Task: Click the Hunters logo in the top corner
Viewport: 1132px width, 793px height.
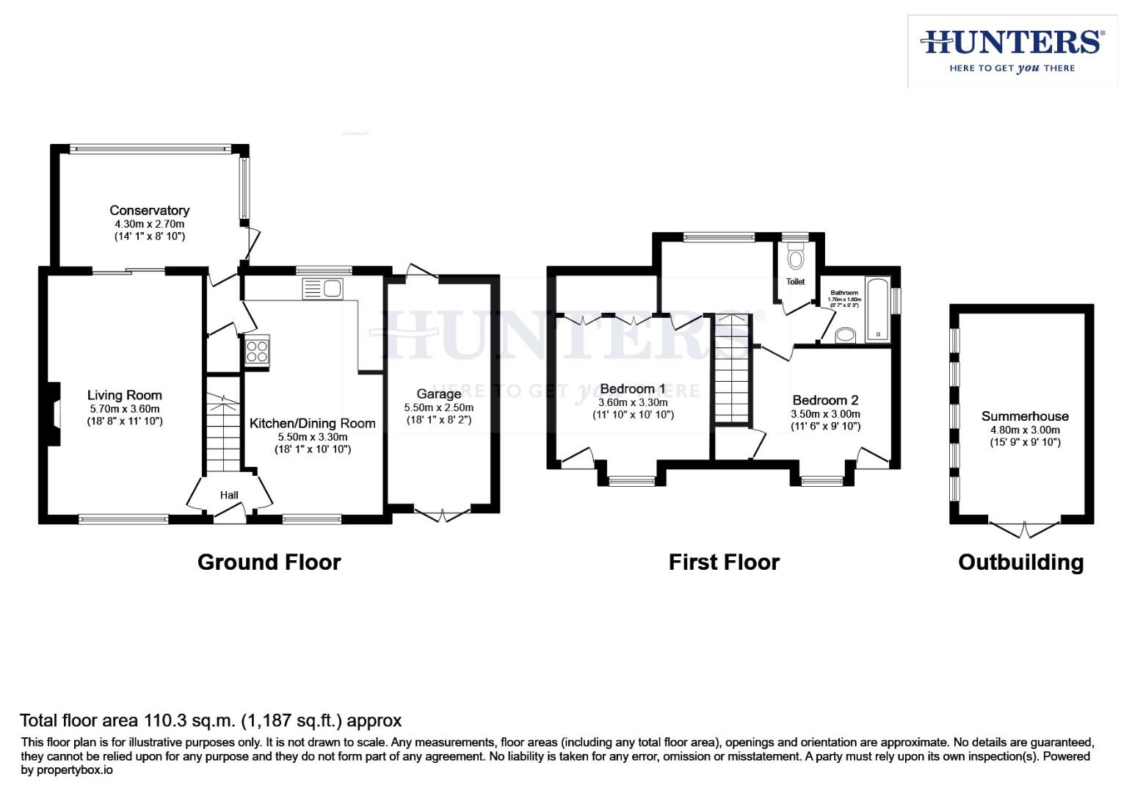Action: pos(1012,51)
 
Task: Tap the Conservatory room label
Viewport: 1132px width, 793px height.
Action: pos(149,211)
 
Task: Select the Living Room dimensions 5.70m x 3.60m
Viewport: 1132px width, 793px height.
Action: pos(124,409)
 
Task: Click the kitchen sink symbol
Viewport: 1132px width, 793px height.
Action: pos(322,289)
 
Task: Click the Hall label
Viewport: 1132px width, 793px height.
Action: pos(229,496)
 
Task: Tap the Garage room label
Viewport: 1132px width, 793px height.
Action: pos(438,394)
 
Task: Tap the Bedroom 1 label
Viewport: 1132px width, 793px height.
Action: pos(632,389)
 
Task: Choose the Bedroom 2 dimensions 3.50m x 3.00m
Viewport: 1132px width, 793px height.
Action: pos(825,414)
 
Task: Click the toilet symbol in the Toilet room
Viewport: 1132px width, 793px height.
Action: pos(795,258)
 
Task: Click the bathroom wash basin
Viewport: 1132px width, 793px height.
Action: pos(846,336)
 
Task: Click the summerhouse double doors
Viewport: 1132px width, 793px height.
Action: pos(1024,528)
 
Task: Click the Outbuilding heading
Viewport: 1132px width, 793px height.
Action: pos(1020,562)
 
